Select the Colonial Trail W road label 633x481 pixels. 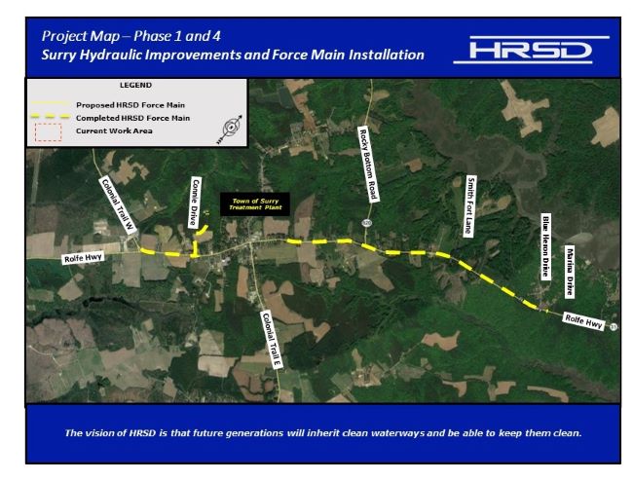click(x=116, y=204)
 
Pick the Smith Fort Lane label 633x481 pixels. click(x=470, y=205)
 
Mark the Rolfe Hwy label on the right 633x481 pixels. click(x=584, y=319)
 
